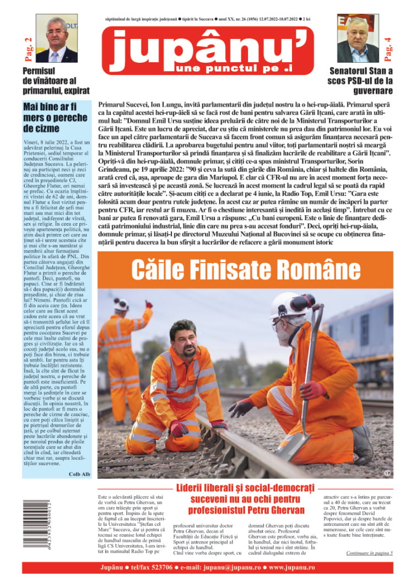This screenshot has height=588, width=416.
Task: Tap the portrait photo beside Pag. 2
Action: point(56,39)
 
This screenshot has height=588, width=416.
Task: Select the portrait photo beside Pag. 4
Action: point(358,39)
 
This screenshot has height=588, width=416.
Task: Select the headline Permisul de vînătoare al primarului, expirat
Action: point(56,80)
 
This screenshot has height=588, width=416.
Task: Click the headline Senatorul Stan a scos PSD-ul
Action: point(361,80)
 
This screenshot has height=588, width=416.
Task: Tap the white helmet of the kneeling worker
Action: point(291,305)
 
